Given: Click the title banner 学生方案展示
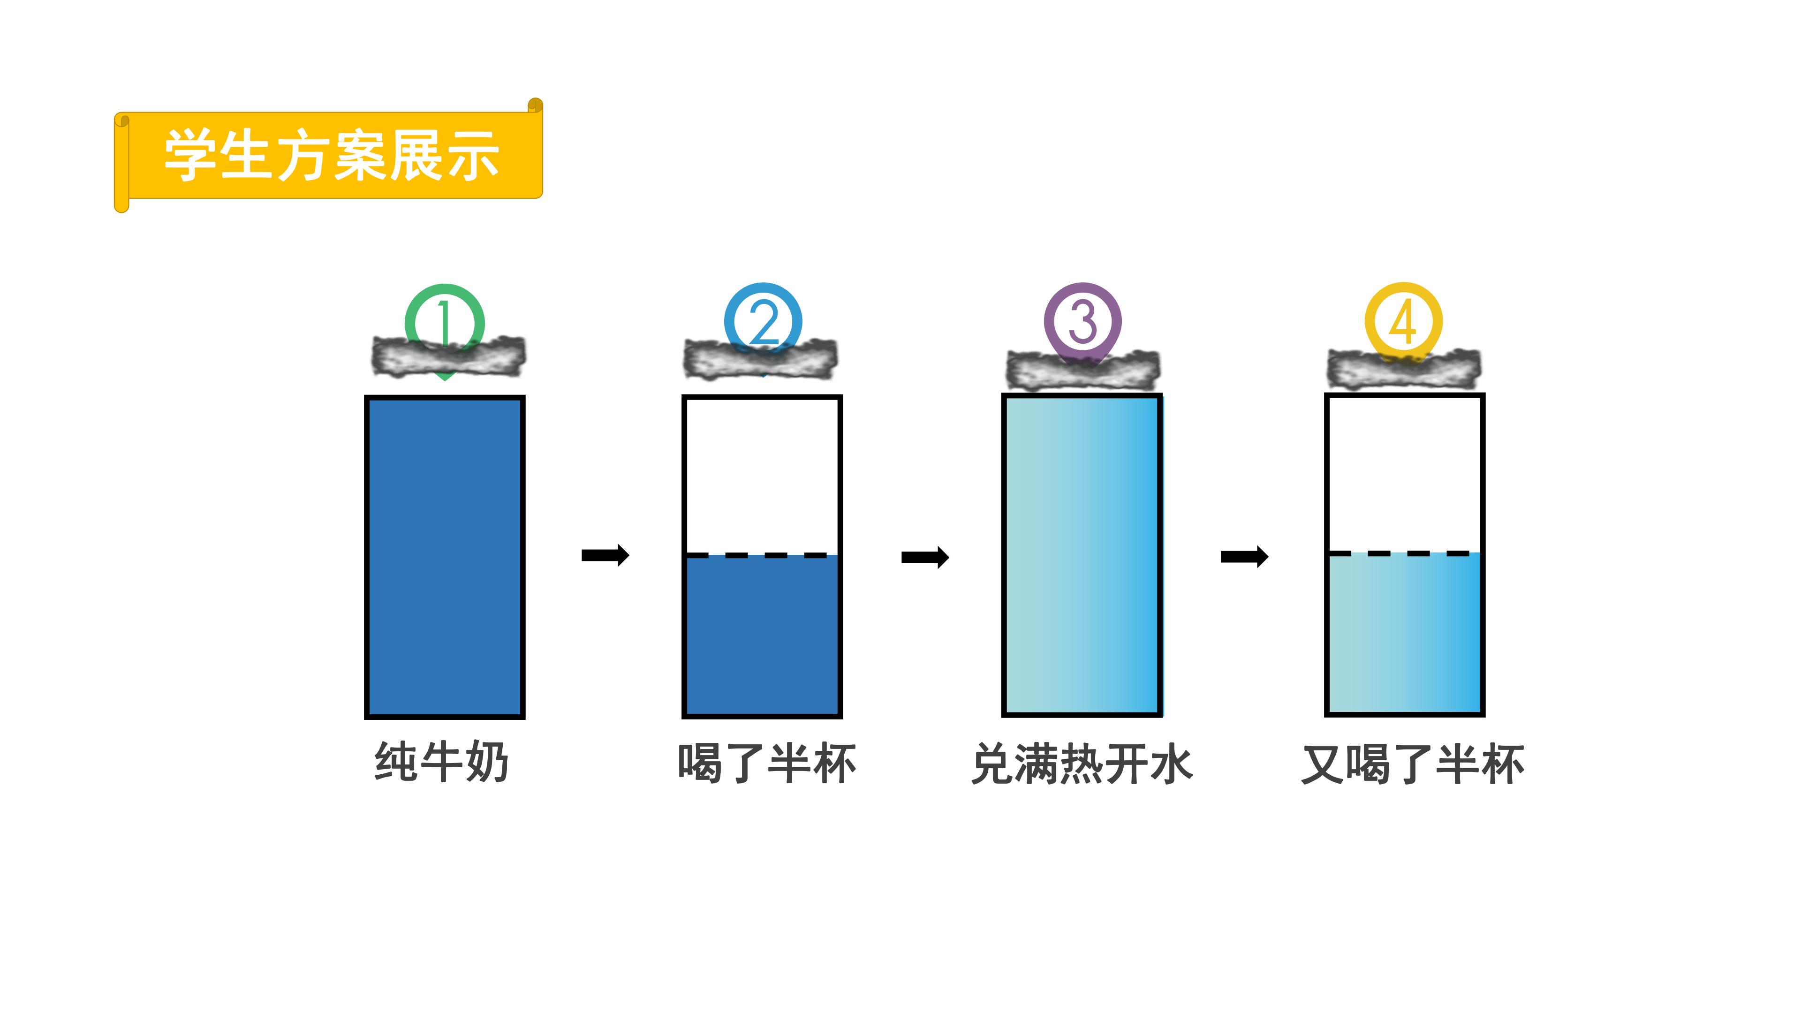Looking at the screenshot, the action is pos(329,155).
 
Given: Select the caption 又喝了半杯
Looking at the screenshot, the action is pos(1412,764).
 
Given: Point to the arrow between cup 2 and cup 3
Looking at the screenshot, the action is pos(925,557).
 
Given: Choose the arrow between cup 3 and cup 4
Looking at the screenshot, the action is pos(1244,557).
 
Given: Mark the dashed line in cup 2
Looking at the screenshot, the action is pos(762,555).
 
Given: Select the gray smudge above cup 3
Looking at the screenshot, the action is pos(1083,369).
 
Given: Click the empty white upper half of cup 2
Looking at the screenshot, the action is pos(762,476).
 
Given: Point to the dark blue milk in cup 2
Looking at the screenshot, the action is pos(762,635).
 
